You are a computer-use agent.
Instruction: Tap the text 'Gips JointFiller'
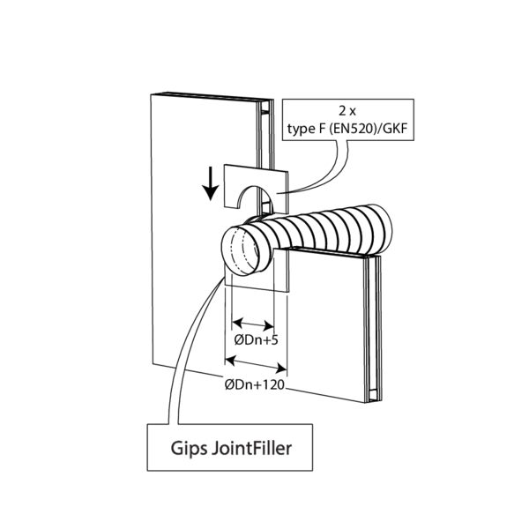[x=231, y=447]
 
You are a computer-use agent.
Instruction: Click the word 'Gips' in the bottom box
[x=187, y=448]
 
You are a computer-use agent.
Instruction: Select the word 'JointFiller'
[x=252, y=447]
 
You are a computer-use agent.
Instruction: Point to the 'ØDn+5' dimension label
[x=256, y=339]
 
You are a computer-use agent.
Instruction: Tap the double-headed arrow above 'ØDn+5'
[x=252, y=324]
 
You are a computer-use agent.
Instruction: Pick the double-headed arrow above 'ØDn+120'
[x=257, y=360]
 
